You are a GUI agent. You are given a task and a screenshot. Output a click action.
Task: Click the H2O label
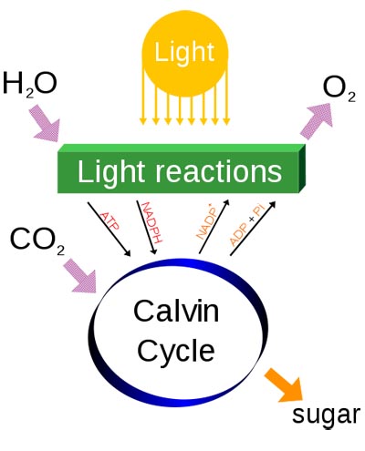(29, 85)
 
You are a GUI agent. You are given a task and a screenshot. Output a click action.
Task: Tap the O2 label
(339, 89)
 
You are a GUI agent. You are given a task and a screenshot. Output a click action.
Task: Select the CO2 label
(37, 241)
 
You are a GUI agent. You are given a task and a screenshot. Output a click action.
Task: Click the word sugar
(326, 415)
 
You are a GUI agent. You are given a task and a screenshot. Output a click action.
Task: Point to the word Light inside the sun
(184, 52)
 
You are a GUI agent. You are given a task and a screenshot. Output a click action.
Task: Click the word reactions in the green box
(219, 171)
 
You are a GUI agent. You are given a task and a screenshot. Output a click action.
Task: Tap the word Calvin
(176, 311)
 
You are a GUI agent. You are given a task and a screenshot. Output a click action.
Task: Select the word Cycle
(176, 351)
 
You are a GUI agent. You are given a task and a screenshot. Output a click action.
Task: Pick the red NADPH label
(152, 222)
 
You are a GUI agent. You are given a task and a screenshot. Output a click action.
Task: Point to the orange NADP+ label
(206, 222)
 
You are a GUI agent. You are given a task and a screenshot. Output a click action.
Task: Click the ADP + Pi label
(247, 225)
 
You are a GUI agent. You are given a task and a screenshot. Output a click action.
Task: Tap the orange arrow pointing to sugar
(285, 385)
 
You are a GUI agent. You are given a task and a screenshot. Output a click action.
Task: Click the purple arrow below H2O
(45, 124)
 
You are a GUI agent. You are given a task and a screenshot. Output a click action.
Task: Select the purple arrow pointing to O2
(317, 120)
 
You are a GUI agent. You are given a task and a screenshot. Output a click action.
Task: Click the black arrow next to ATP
(109, 230)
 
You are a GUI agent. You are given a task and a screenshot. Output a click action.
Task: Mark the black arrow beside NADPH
(147, 227)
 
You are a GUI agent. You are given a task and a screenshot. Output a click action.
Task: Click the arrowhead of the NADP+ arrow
(225, 203)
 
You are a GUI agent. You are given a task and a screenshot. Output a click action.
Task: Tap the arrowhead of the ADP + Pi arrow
(272, 204)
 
